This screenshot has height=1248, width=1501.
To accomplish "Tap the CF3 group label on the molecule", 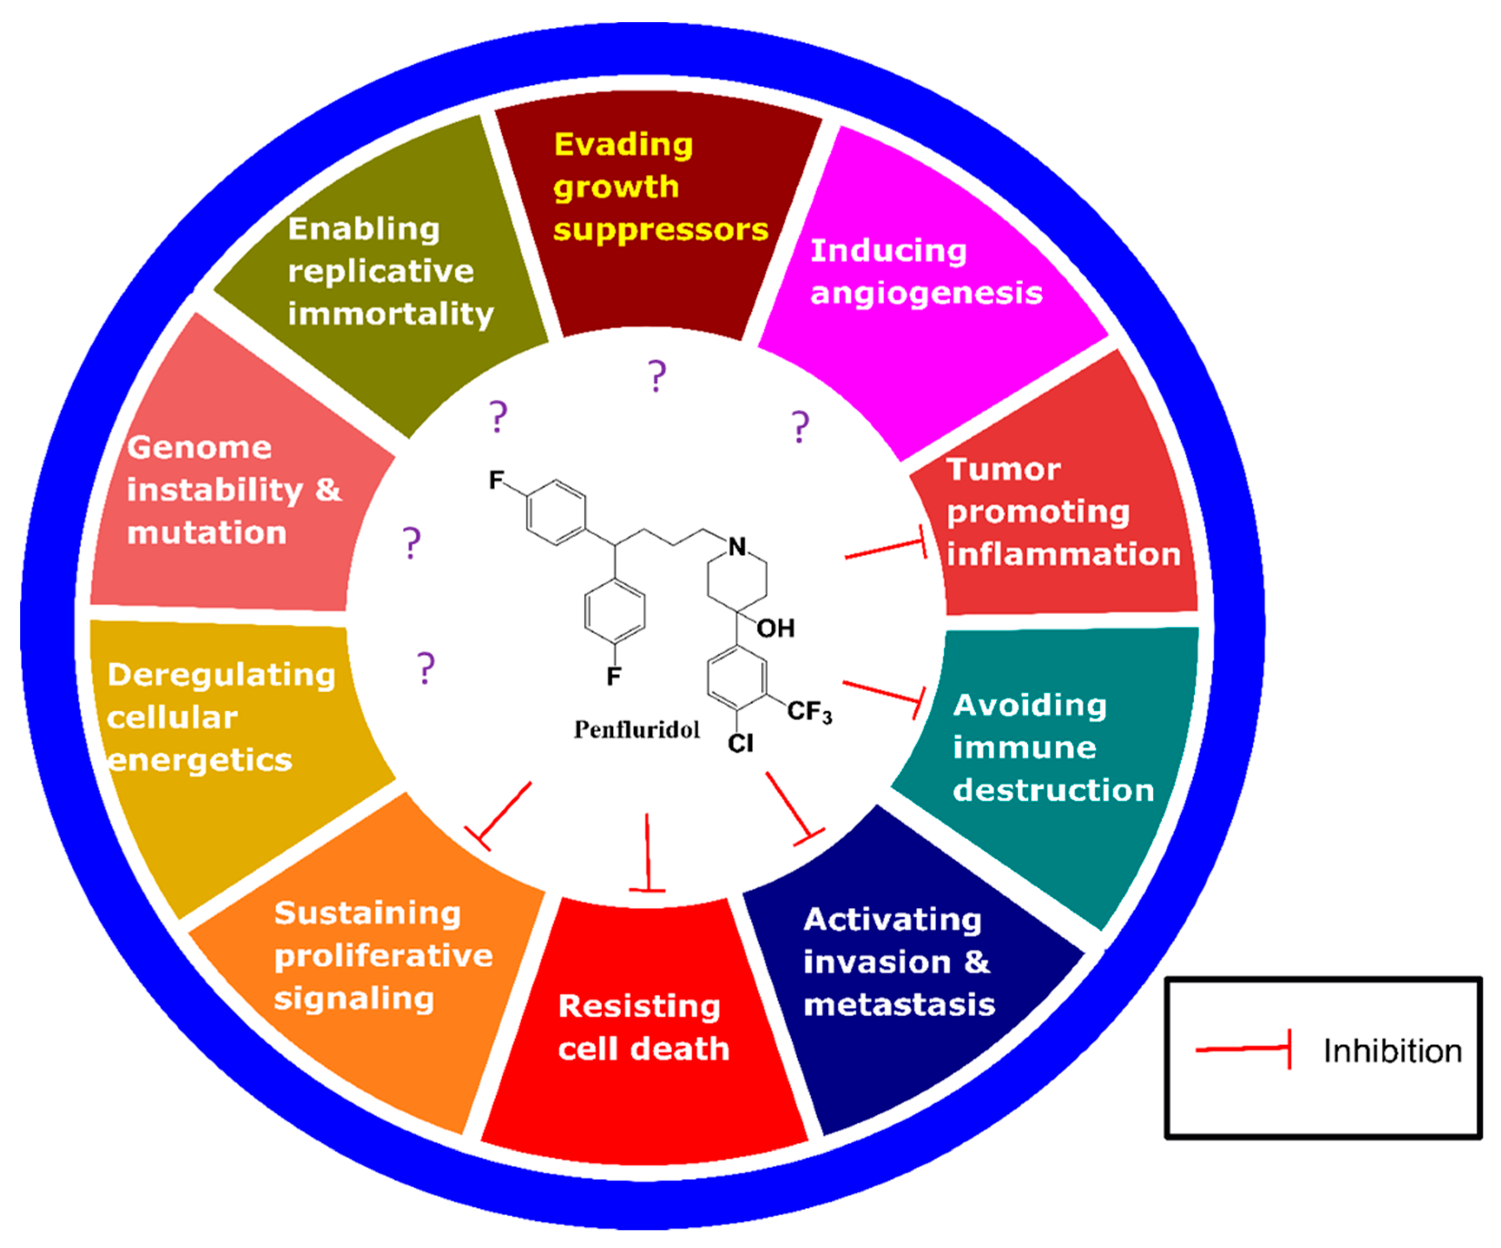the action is pyautogui.click(x=809, y=711).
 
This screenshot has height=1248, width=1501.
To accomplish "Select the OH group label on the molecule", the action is pyautogui.click(x=775, y=628).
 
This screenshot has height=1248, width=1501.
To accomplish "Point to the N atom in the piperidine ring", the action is pyautogui.click(x=737, y=547).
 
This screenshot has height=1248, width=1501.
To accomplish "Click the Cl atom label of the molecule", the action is pyautogui.click(x=741, y=744).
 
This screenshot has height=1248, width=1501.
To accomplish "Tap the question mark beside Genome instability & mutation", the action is pyautogui.click(x=411, y=543).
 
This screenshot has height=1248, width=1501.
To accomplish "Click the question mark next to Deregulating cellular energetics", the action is pyautogui.click(x=426, y=668).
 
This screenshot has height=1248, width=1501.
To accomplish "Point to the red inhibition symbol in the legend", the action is pyautogui.click(x=1244, y=1048).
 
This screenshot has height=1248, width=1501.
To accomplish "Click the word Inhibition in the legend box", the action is pyautogui.click(x=1393, y=1051).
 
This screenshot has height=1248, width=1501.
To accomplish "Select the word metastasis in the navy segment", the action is pyautogui.click(x=899, y=1004).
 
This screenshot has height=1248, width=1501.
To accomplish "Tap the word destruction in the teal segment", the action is pyautogui.click(x=1054, y=790).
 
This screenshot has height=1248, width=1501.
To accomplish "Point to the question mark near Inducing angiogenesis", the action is pyautogui.click(x=800, y=427).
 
